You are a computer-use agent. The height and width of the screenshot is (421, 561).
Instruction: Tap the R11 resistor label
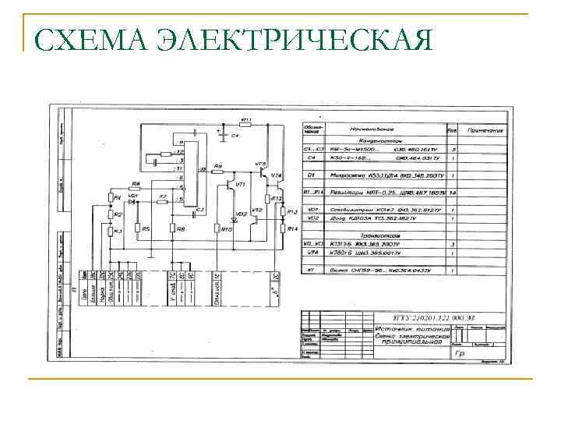(x=245, y=120)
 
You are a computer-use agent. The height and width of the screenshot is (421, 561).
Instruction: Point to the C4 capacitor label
(x=234, y=136)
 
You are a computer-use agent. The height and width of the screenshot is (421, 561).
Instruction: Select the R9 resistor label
(x=217, y=166)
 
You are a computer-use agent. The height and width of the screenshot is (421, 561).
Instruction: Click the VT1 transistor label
(x=241, y=185)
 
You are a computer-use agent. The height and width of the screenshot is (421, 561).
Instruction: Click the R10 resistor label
(x=227, y=229)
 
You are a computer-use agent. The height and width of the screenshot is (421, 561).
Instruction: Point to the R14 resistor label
(x=292, y=228)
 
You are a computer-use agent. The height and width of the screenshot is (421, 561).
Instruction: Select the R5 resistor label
(x=145, y=228)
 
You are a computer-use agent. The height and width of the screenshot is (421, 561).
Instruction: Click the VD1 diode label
(x=132, y=196)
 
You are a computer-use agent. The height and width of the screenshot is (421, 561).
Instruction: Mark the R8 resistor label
(x=180, y=228)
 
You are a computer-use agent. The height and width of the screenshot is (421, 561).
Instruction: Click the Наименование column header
(x=372, y=130)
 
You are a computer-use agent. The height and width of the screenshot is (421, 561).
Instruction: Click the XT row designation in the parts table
(x=311, y=270)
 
